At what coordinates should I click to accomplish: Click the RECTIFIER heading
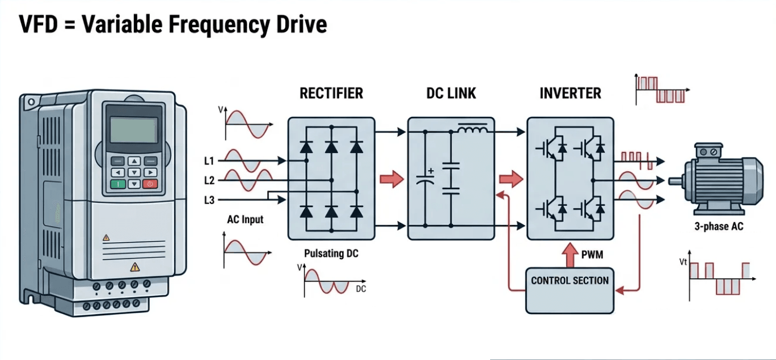coord(331,93)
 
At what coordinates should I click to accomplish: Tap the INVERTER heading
coord(570,93)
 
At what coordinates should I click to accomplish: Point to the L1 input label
coord(209,162)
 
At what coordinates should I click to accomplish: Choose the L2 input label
coord(209,181)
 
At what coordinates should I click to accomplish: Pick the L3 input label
coord(209,200)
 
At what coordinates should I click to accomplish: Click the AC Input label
coord(245,219)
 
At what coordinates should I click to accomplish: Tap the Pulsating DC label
coord(331,253)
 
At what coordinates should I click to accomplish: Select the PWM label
coord(592,255)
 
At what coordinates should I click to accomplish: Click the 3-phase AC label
coord(719,227)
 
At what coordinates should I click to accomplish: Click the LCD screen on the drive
coord(133,130)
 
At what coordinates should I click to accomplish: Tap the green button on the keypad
coord(118,184)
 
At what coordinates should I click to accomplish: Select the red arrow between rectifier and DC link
coord(391,180)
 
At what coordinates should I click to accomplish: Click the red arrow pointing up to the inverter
coord(570,253)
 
